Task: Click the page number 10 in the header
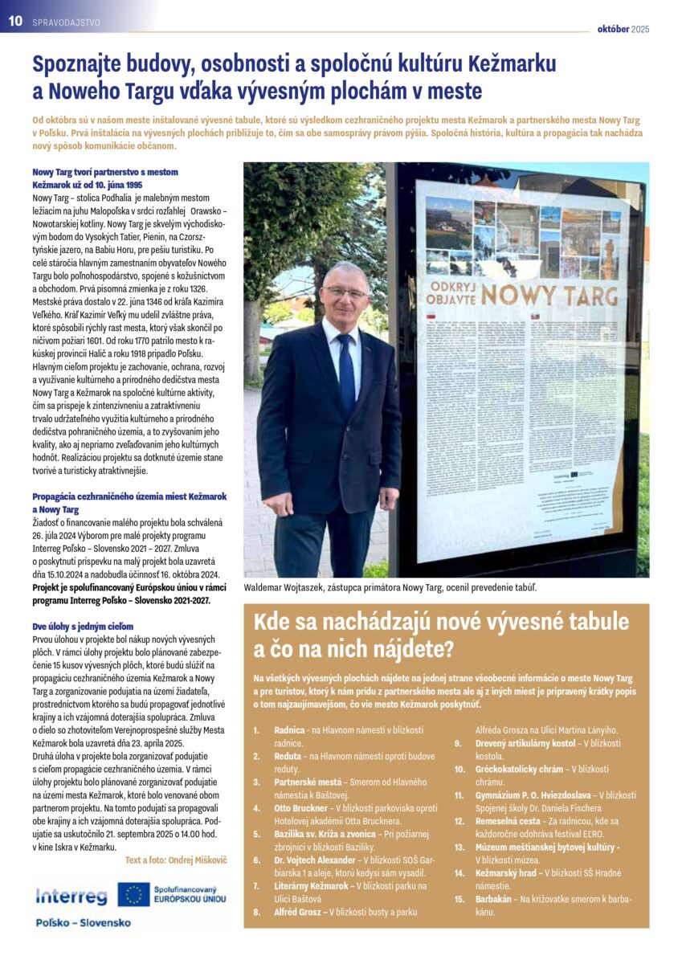14,22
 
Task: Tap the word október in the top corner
612,30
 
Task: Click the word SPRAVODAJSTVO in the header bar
67,23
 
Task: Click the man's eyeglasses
346,292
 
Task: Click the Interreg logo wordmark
71,897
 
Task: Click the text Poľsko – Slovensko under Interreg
83,922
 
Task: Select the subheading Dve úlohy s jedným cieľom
82,626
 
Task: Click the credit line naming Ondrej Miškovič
176,860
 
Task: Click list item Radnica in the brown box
289,729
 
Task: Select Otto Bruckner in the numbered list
302,807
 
